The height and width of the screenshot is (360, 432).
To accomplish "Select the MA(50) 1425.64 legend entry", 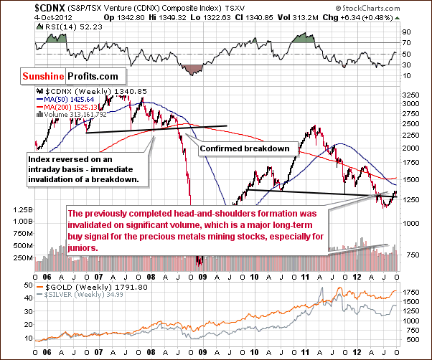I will (x=75, y=99).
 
